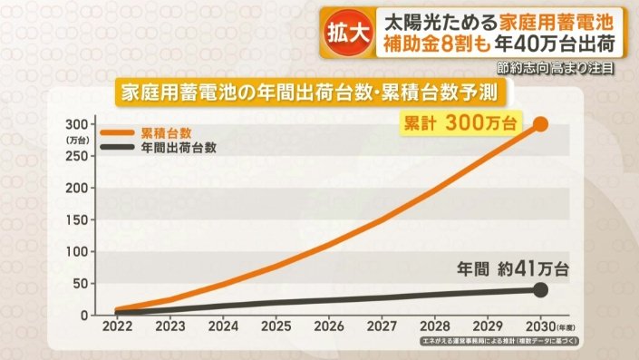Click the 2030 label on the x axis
(x=539, y=324)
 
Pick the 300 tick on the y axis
(x=78, y=123)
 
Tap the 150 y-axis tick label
(x=78, y=219)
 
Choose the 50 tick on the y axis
(x=82, y=284)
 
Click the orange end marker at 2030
(x=541, y=124)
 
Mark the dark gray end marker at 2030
(x=541, y=290)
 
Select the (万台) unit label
(x=77, y=141)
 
